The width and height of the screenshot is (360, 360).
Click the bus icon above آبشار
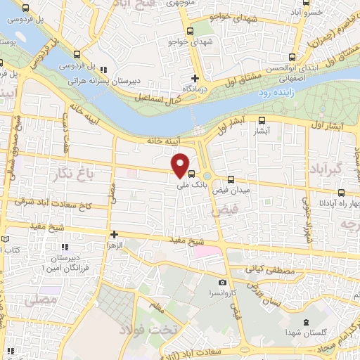tap(262, 120)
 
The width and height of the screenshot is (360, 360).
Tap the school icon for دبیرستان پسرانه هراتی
tap(103, 70)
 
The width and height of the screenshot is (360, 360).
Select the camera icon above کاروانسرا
tap(223, 282)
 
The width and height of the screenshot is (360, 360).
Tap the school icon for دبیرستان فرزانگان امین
tap(65, 247)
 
